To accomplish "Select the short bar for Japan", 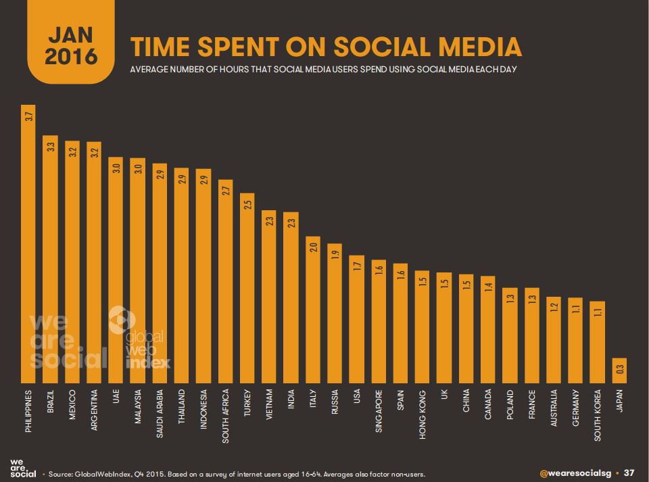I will click(x=619, y=371).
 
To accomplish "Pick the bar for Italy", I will click(x=312, y=310).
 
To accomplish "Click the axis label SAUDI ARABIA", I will click(x=160, y=413).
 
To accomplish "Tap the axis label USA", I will click(x=356, y=400).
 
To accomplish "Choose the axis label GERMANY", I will click(x=575, y=410).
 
